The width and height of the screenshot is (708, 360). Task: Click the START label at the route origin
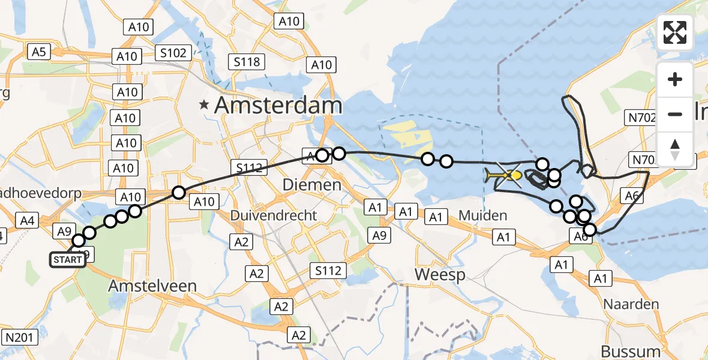point(67,260)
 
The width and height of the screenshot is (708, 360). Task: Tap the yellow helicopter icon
point(502,176)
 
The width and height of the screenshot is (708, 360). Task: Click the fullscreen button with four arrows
point(675,32)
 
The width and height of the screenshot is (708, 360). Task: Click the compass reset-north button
point(675,149)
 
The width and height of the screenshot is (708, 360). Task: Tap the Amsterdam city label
point(278,106)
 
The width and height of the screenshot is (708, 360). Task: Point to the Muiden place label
point(483,215)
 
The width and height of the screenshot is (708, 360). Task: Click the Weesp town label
point(440,275)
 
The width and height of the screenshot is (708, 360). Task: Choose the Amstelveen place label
point(152,286)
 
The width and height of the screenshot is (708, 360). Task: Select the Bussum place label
point(631,350)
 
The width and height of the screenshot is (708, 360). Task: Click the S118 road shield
point(247,61)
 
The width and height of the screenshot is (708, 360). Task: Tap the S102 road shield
point(173,53)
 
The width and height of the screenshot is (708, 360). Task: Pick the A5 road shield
point(39,52)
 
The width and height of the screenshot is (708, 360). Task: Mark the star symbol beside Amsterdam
point(205,105)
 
